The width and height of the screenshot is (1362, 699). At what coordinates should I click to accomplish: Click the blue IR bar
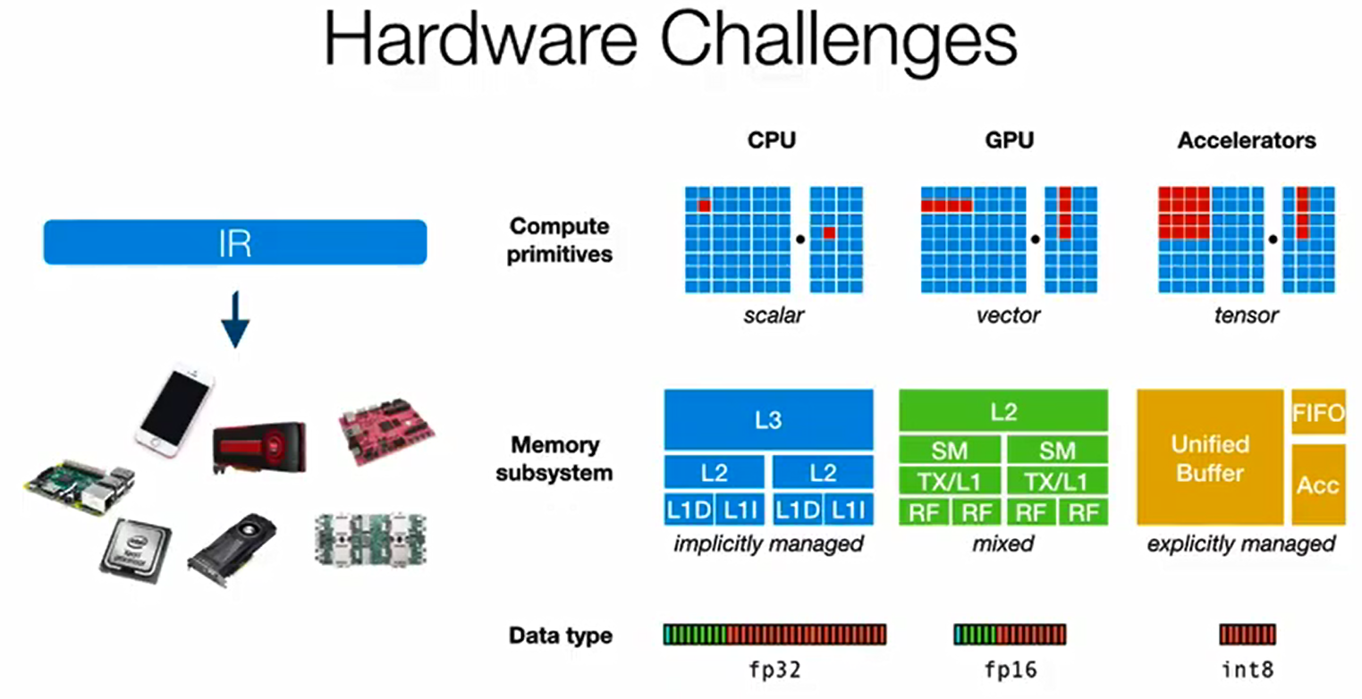tap(235, 243)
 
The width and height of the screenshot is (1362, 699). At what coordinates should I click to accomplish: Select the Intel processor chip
tap(135, 551)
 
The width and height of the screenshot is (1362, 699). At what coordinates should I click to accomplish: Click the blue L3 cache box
tap(768, 419)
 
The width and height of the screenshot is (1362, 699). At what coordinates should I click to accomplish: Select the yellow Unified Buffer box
tap(1211, 457)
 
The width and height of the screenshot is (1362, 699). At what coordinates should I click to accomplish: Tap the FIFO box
tap(1318, 412)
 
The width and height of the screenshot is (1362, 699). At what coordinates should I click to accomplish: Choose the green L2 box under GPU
tap(1002, 411)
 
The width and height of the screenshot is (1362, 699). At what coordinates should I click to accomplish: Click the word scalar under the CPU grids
tap(774, 315)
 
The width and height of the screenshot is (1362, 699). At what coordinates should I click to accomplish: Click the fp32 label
tap(774, 670)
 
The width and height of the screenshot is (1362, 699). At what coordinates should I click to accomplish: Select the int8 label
tap(1247, 670)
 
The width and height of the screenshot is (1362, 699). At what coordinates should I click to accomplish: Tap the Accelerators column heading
tap(1246, 140)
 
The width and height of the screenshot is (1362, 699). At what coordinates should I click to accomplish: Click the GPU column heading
tap(1003, 140)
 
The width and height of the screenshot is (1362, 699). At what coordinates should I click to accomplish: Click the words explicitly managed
tap(1241, 543)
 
